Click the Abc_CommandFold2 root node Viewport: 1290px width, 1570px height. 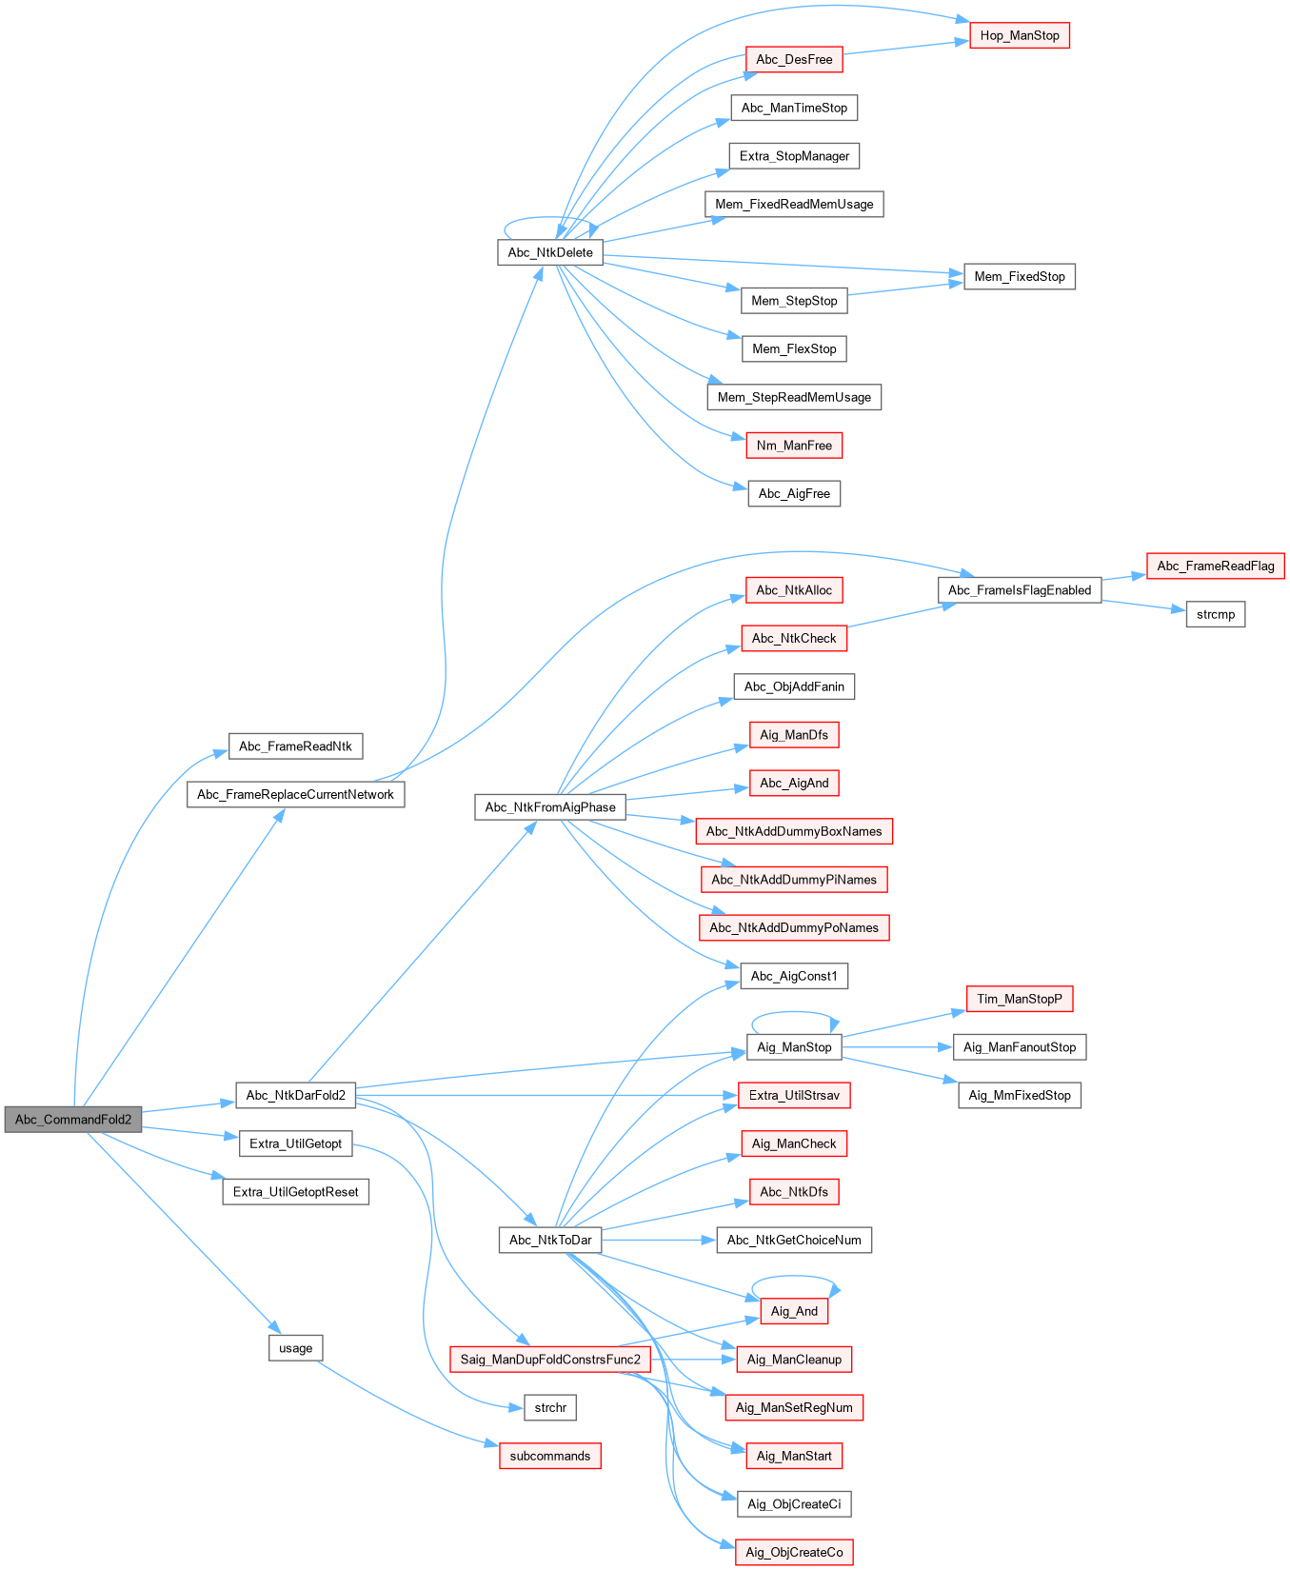click(73, 1120)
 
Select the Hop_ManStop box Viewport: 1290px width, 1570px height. click(1020, 36)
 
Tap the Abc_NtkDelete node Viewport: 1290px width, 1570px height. click(550, 252)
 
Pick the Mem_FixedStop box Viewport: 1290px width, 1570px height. click(1020, 277)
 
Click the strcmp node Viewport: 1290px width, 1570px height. click(1216, 615)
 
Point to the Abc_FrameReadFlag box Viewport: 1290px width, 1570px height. click(1216, 566)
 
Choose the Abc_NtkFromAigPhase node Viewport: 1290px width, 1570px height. click(550, 807)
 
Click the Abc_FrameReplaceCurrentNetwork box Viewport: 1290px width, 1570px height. click(295, 795)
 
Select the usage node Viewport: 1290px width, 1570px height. click(296, 1348)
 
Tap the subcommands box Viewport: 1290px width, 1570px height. click(550, 1457)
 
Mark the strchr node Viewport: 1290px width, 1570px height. click(550, 1408)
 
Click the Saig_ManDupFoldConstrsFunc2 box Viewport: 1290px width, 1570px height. click(550, 1360)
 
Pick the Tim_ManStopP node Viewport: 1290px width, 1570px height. click(1020, 1000)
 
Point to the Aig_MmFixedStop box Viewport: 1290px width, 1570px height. click(1020, 1096)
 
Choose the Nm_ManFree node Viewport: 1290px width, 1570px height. click(794, 446)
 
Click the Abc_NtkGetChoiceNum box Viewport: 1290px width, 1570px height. click(794, 1241)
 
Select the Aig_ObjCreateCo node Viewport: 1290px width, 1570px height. click(794, 1553)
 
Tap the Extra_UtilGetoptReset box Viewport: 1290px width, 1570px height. click(296, 1192)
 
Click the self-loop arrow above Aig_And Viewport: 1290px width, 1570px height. click(795, 1279)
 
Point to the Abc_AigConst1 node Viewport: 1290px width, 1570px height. click(794, 977)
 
